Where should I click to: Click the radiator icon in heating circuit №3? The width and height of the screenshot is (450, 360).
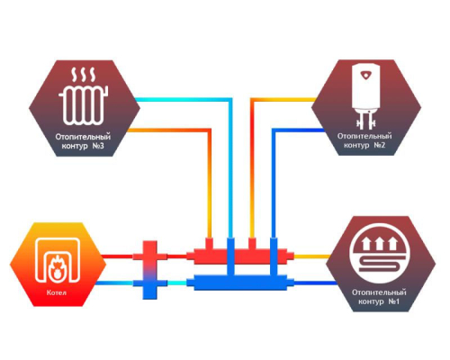click(85, 104)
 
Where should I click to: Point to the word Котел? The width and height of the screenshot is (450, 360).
click(57, 292)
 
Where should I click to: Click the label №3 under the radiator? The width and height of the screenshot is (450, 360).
click(96, 146)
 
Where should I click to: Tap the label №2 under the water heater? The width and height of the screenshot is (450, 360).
click(379, 145)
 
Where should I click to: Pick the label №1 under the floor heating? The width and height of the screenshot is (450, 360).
click(393, 301)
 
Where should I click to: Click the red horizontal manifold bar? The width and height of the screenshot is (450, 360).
click(240, 256)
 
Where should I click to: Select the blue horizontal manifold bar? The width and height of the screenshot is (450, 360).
click(240, 283)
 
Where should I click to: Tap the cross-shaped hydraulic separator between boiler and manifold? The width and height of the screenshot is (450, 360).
click(149, 270)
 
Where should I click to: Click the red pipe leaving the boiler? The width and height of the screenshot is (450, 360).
click(117, 256)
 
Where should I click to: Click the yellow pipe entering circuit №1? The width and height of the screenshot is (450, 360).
click(312, 256)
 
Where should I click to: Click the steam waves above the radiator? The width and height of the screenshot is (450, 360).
click(84, 75)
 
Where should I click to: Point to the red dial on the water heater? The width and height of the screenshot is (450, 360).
click(365, 75)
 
